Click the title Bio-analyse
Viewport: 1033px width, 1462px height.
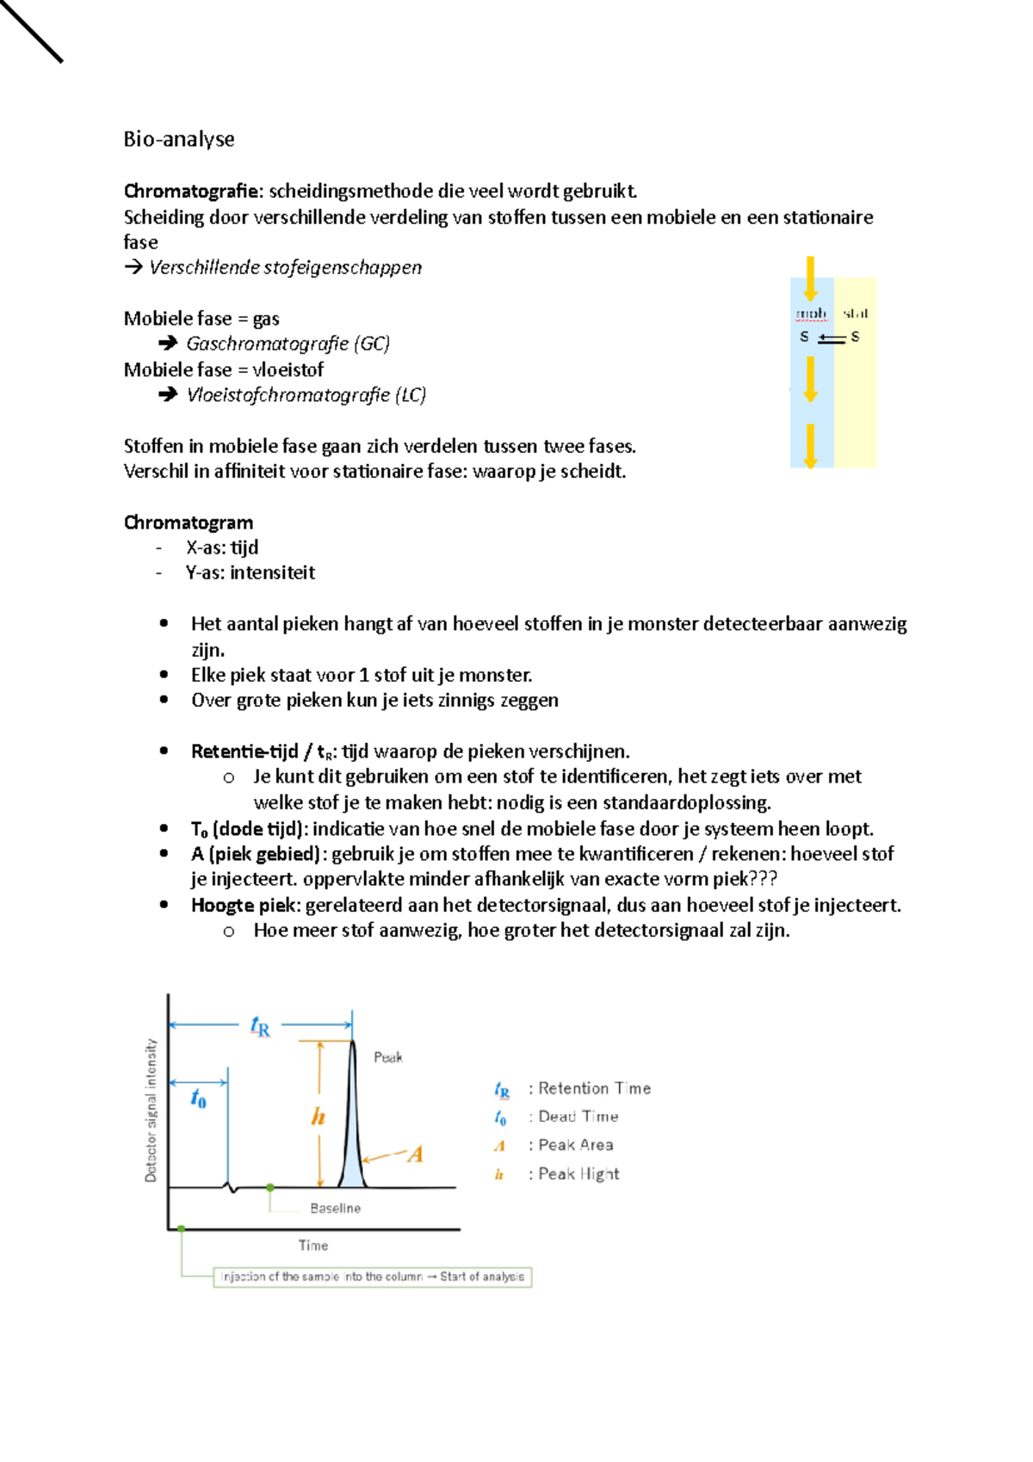[179, 139]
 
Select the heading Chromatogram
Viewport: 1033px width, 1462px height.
[189, 523]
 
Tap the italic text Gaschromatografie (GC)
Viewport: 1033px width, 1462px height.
[288, 344]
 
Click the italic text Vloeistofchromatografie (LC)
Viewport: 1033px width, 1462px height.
[306, 395]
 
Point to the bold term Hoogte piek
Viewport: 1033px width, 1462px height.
[244, 905]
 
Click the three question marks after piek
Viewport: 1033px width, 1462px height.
[763, 879]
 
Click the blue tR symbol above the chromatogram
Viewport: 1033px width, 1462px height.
[260, 1026]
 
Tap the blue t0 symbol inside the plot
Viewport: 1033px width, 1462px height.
[198, 1099]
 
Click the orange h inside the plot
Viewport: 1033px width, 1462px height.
[318, 1117]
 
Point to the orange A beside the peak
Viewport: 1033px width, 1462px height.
[415, 1155]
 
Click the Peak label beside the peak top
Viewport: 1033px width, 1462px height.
[388, 1057]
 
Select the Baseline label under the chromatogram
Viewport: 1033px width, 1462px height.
[335, 1208]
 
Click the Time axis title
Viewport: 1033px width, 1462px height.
[313, 1245]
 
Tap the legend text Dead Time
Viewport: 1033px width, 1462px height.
[578, 1117]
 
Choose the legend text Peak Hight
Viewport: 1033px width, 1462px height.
[578, 1174]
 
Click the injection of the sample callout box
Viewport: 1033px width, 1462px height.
[372, 1277]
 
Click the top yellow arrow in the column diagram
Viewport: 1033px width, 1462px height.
[810, 278]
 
